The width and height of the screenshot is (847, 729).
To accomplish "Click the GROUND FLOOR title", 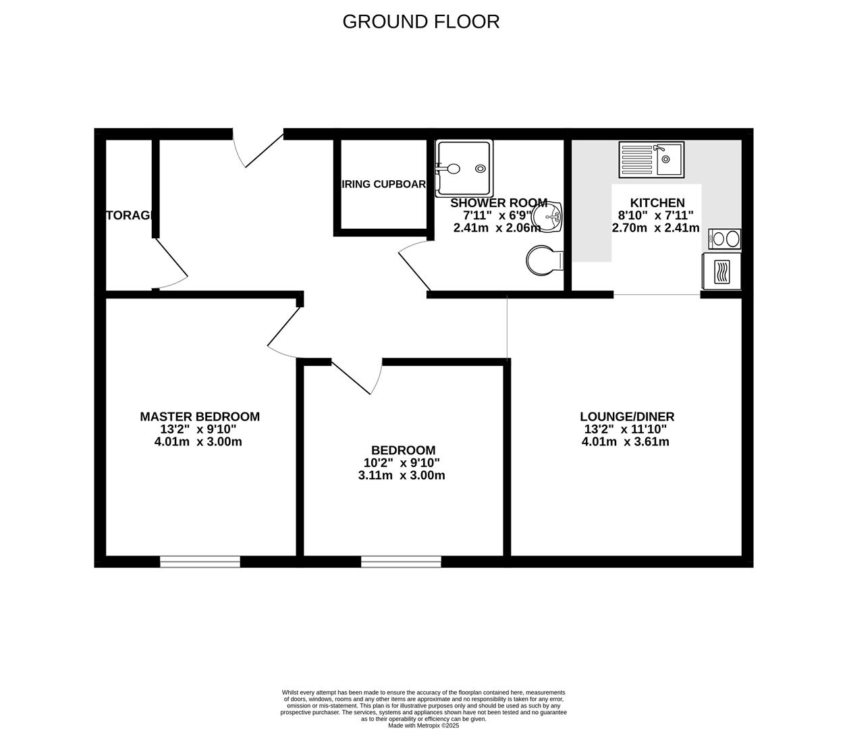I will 420,22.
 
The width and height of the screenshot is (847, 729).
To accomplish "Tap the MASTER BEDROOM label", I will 200,417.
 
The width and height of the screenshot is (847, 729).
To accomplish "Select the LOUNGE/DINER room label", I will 627,417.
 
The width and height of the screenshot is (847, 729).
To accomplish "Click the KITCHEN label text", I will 657,202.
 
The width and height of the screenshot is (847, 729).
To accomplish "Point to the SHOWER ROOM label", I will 499,202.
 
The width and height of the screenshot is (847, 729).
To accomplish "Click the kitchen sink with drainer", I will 651,159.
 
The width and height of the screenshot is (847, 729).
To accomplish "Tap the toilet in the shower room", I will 544,260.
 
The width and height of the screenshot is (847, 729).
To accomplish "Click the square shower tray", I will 464,167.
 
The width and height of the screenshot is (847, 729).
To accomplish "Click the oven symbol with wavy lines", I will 721,271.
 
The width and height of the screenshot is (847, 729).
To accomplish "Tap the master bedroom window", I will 200,562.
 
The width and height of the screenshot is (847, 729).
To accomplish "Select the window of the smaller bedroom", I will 401,562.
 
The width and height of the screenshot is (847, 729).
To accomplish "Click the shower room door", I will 413,266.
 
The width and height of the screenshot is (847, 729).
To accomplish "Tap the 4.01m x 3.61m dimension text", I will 625,442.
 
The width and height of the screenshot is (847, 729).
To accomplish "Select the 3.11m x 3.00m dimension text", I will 402,475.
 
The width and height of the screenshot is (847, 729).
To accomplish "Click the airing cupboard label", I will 384,184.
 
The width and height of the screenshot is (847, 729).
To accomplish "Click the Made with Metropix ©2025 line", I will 423,726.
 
